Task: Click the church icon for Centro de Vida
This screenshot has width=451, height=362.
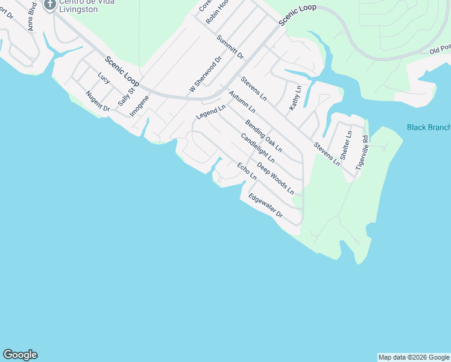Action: click(x=49, y=4)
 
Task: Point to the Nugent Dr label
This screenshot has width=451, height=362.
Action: click(x=97, y=101)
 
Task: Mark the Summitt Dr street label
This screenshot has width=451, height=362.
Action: click(x=230, y=47)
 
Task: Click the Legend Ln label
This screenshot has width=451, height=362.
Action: click(x=210, y=112)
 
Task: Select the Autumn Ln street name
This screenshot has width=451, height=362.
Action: click(x=242, y=102)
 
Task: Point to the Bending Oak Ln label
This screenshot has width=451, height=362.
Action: click(x=263, y=135)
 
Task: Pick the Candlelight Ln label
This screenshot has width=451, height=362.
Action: click(x=257, y=148)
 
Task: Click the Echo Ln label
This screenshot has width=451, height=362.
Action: click(x=247, y=171)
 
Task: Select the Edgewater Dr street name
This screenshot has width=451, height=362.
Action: click(x=265, y=205)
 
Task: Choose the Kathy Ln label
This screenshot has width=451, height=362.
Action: click(x=294, y=97)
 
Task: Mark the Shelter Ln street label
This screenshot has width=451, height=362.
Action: click(x=346, y=145)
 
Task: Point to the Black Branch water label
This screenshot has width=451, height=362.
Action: click(x=429, y=127)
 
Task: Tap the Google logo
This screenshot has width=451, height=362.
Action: click(x=20, y=355)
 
